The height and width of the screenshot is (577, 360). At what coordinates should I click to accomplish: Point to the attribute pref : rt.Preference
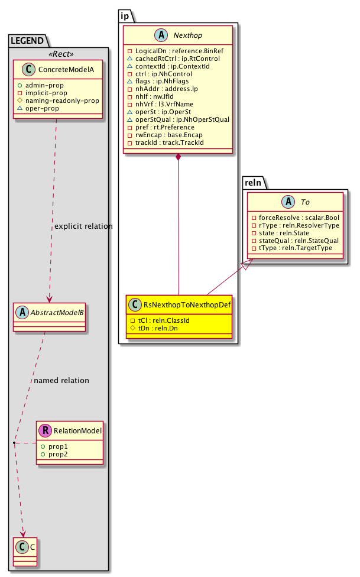164,128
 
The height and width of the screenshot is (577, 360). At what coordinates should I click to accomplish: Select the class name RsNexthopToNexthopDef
187,304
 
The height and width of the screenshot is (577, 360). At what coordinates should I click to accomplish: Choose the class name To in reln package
306,202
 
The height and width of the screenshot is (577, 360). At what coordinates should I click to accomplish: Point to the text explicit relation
83,226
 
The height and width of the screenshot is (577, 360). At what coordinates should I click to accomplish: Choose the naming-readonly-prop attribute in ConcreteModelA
62,101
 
